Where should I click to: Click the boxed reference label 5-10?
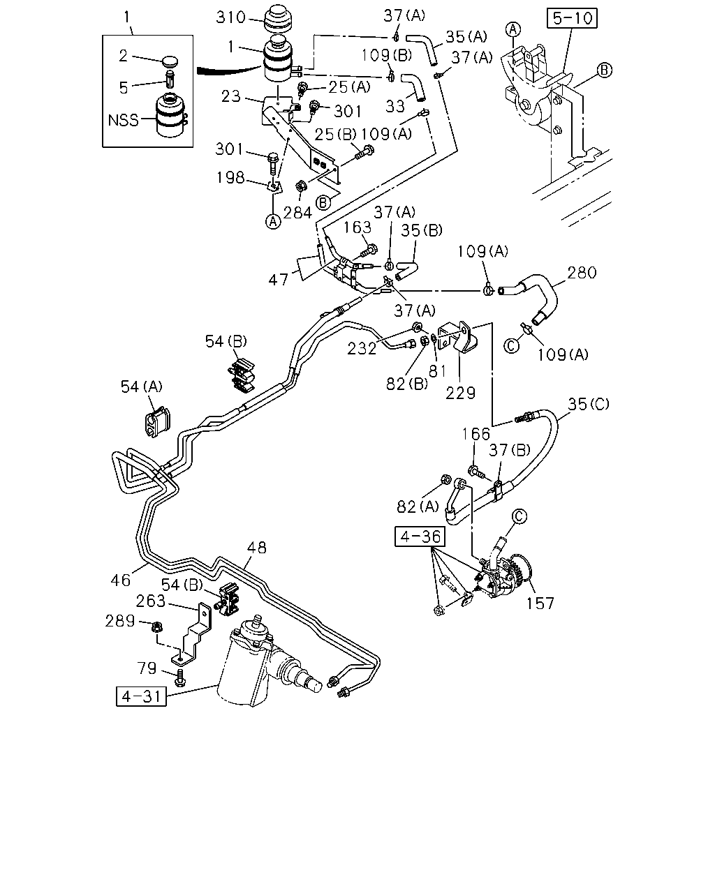click(572, 18)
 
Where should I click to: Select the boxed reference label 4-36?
click(420, 536)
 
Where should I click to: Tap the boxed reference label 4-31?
click(141, 696)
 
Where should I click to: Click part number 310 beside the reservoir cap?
click(230, 17)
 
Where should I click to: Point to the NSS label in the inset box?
click(123, 120)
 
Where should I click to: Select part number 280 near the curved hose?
click(582, 273)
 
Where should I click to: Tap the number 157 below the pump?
click(540, 603)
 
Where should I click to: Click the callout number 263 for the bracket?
click(150, 601)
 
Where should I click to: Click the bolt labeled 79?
click(180, 677)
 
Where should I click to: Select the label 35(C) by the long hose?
click(589, 404)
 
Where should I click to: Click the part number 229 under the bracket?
click(460, 393)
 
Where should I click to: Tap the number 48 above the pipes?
click(256, 548)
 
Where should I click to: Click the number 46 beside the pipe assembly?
click(121, 580)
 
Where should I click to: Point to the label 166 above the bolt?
click(476, 434)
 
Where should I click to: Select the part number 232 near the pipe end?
click(362, 348)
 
